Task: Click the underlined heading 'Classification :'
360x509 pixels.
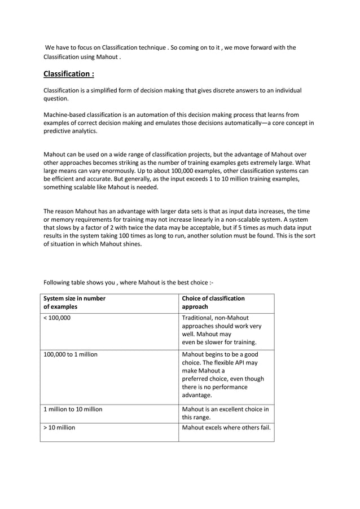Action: coord(68,74)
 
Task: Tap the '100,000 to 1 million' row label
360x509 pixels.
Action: coord(71,354)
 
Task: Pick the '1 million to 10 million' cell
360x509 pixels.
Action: coord(73,409)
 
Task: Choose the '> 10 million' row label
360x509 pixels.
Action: coord(59,428)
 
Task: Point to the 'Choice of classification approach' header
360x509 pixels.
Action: coord(213,302)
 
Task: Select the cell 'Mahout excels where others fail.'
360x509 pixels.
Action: coord(226,428)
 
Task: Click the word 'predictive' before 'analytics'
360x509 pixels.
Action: coord(59,131)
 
